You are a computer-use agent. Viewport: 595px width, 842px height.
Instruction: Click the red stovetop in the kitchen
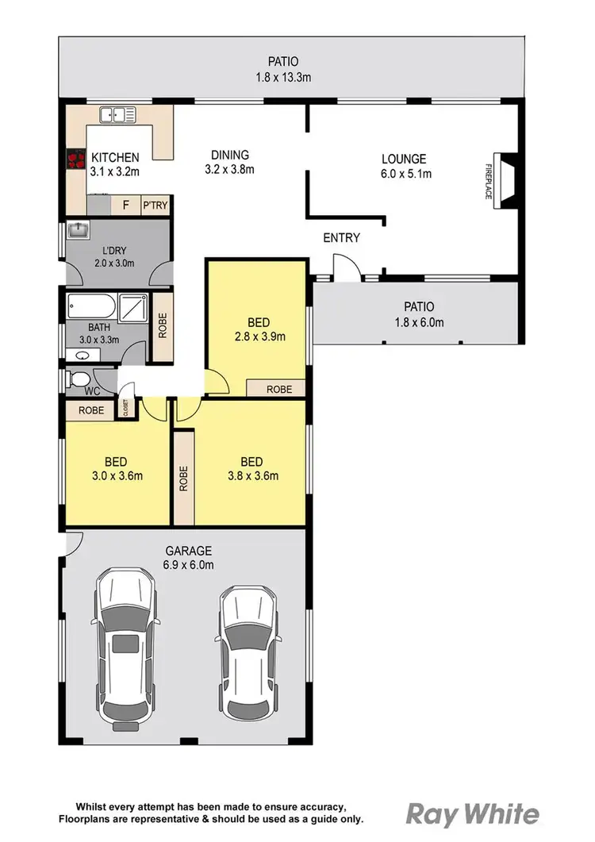point(76,160)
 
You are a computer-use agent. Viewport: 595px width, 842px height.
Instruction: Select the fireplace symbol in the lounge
point(504,181)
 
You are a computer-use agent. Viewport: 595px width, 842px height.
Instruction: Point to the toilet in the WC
point(79,380)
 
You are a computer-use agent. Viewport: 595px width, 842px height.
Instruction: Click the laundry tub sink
point(78,231)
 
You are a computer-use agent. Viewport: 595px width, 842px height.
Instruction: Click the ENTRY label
point(341,237)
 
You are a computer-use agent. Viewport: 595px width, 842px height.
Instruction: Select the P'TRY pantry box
point(154,206)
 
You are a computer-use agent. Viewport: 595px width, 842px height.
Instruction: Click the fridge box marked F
point(125,206)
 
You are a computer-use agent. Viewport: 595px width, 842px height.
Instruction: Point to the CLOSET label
point(125,407)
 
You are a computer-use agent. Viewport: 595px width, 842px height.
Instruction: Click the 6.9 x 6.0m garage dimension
point(190,565)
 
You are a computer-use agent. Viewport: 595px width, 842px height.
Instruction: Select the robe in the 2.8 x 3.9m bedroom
point(277,389)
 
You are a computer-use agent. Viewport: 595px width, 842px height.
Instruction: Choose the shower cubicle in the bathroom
point(132,306)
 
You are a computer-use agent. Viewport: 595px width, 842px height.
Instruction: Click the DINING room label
point(229,155)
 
